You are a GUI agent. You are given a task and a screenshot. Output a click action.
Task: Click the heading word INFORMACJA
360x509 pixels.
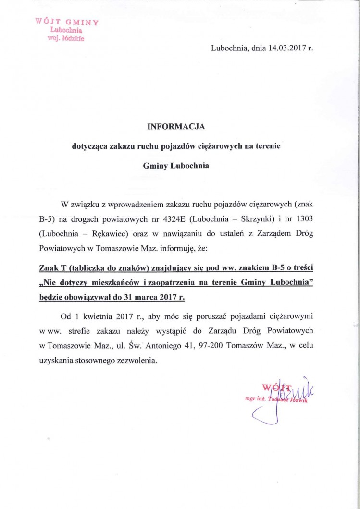(176, 127)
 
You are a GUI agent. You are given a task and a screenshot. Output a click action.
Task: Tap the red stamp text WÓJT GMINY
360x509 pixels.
(67, 22)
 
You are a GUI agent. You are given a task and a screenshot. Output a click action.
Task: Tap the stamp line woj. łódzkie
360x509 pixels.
(67, 40)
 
